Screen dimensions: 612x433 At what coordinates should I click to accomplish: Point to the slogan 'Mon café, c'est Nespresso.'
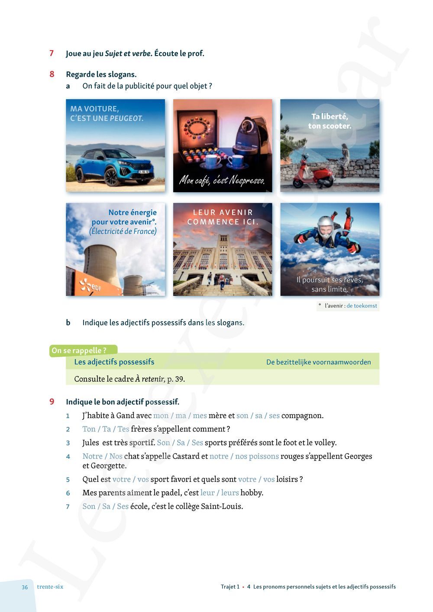pyautogui.click(x=222, y=180)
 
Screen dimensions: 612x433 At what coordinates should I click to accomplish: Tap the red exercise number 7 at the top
pyautogui.click(x=52, y=53)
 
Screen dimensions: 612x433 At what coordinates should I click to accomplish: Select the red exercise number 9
pyautogui.click(x=52, y=402)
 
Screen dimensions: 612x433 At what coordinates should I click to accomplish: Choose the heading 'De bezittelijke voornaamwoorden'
pyautogui.click(x=318, y=362)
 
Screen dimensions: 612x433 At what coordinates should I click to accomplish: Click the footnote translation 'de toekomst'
pyautogui.click(x=362, y=306)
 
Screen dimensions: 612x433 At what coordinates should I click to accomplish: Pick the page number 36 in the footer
pyautogui.click(x=25, y=587)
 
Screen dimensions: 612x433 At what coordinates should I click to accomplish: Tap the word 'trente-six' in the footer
pyautogui.click(x=50, y=587)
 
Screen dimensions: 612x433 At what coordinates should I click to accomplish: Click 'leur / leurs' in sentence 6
pyautogui.click(x=220, y=493)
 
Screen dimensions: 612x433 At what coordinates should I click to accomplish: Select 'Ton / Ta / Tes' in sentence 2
pyautogui.click(x=106, y=429)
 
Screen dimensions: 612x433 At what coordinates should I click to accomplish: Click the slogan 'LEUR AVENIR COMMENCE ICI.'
pyautogui.click(x=223, y=217)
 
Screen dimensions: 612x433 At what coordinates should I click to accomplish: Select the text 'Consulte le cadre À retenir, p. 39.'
pyautogui.click(x=129, y=379)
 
